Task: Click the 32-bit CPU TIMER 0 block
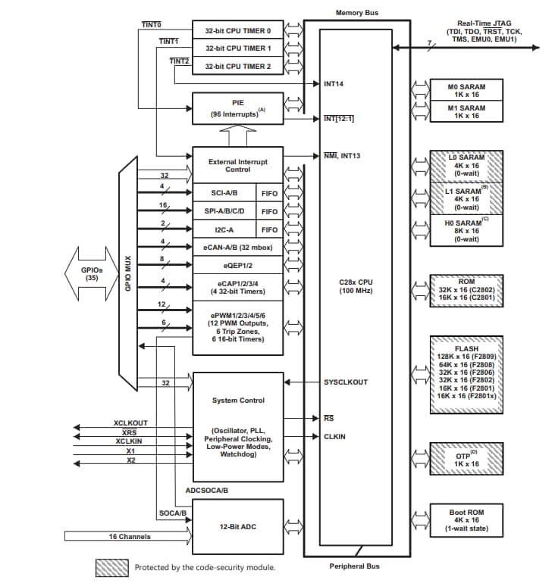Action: click(237, 30)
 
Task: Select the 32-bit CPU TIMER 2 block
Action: click(237, 67)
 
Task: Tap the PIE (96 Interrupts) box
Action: click(237, 108)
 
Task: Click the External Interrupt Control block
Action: click(237, 165)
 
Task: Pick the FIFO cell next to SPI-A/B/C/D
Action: click(269, 211)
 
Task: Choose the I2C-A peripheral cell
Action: click(224, 229)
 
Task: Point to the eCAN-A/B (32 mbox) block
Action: click(237, 247)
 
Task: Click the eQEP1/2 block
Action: click(237, 265)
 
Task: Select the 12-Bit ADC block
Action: click(237, 526)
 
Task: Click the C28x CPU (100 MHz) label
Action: click(357, 286)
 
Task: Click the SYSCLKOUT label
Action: click(346, 382)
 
